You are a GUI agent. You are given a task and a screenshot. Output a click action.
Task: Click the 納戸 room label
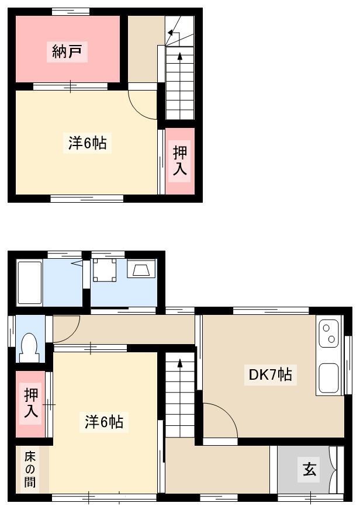point(67,51)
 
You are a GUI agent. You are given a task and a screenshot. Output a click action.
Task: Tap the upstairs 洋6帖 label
point(87,143)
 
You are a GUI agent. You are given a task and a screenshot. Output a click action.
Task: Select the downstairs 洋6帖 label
point(104,422)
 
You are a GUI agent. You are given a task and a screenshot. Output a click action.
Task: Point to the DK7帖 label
point(270,374)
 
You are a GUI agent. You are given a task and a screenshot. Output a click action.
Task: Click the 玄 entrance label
point(309,469)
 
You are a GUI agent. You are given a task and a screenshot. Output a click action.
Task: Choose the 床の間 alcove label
point(30,469)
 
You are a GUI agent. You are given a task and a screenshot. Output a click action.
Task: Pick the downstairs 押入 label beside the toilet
point(31,403)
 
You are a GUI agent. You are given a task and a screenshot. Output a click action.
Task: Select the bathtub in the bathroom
point(30,283)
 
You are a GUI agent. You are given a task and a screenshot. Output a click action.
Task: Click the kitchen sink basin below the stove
point(329,378)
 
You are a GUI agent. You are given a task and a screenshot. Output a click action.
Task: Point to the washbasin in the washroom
point(141,268)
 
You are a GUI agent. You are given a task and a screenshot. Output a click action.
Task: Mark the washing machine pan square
point(105,270)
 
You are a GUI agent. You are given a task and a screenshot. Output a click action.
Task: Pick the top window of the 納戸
point(71,12)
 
